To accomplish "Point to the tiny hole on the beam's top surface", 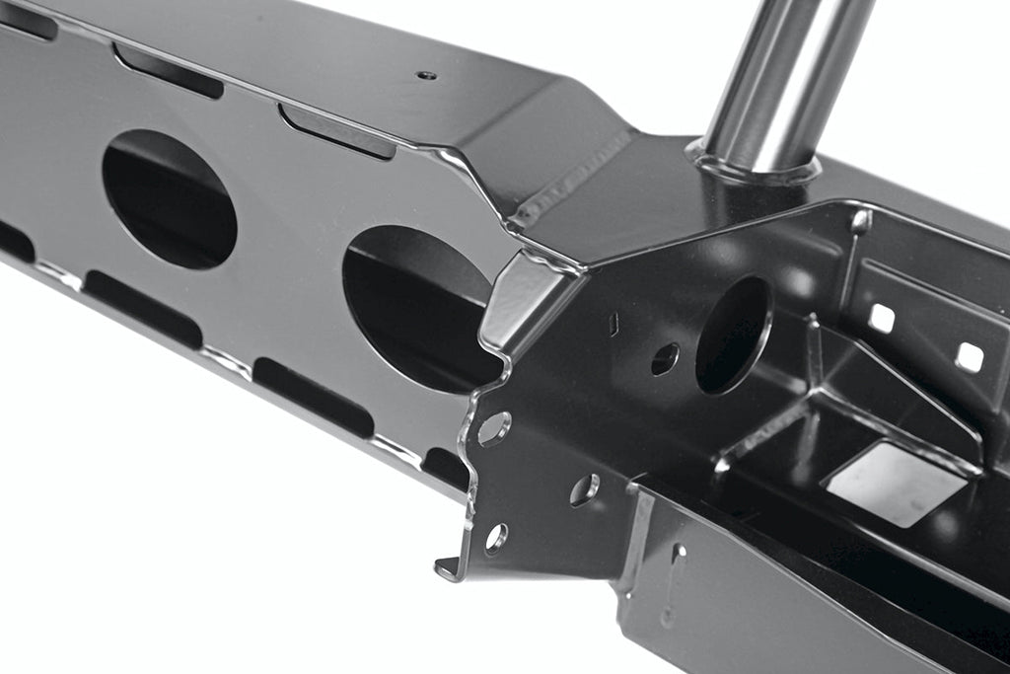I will (426, 75).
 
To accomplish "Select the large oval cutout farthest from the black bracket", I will (170, 198).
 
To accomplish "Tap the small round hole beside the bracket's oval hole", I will (665, 358).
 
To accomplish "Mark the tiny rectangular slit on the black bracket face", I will (613, 324).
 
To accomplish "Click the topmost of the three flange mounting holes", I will (494, 428).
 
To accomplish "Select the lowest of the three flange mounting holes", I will (495, 538).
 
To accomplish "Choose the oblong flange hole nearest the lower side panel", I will (584, 488).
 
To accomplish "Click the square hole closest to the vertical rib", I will (881, 318).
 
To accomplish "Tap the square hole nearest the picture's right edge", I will (970, 357).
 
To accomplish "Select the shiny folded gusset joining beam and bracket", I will (523, 301).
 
